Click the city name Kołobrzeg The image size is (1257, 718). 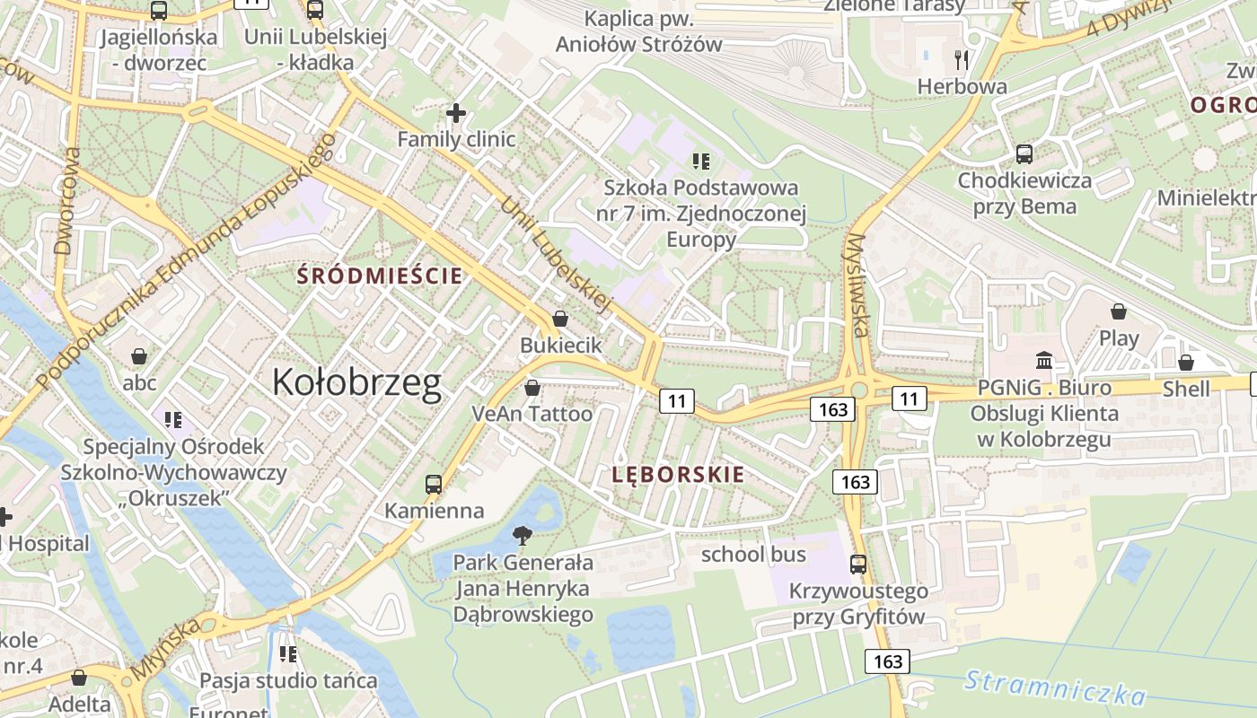356,383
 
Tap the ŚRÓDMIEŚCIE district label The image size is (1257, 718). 381,276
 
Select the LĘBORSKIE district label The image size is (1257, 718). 678,475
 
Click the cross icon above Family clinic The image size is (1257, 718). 456,113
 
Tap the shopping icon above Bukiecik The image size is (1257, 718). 560,319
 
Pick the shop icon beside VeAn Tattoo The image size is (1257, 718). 532,388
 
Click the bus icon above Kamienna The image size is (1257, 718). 434,485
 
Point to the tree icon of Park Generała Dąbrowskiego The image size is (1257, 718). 522,536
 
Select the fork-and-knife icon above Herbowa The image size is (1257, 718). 962,60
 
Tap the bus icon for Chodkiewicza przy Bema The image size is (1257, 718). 1024,154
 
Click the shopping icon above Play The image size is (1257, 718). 1119,311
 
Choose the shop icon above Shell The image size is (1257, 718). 1186,363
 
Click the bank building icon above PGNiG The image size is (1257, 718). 1044,361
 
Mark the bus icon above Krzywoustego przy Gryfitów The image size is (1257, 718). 858,565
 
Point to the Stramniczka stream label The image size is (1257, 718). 1055,687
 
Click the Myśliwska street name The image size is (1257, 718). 857,285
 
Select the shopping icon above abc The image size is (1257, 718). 139,357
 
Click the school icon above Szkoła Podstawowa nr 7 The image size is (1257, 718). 701,162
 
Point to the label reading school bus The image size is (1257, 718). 753,555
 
